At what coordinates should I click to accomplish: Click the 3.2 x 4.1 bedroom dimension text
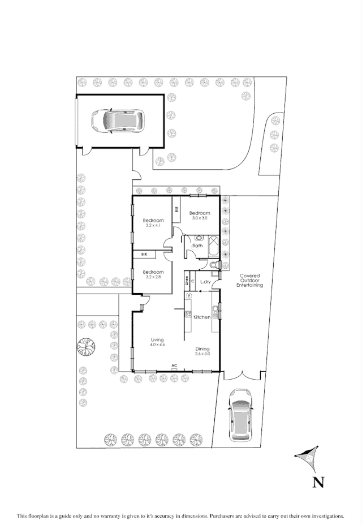tap(153, 226)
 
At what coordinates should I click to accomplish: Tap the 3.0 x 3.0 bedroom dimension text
tap(200, 218)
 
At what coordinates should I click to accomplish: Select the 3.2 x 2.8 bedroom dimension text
tap(153, 276)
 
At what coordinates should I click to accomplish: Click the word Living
tap(157, 339)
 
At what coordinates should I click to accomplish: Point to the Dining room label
tap(202, 348)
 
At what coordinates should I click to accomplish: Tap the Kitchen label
tap(202, 317)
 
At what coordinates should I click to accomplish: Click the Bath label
tap(197, 246)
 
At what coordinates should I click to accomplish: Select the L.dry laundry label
tap(205, 281)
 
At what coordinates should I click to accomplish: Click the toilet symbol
tap(212, 265)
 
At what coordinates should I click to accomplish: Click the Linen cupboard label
tap(187, 279)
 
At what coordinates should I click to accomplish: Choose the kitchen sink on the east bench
tap(215, 309)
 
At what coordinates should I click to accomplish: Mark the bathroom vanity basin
tap(199, 238)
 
